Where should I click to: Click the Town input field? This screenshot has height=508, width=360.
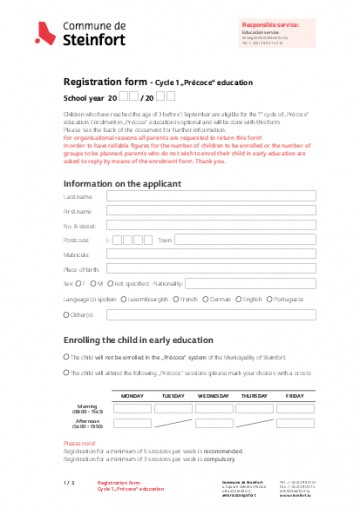click(240, 241)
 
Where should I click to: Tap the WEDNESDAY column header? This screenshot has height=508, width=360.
click(213, 396)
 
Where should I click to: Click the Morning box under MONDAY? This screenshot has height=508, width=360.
click(125, 408)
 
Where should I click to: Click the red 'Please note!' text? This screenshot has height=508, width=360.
click(79, 442)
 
